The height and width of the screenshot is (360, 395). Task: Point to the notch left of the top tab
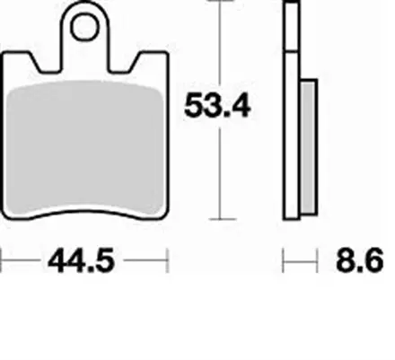click(x=47, y=65)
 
